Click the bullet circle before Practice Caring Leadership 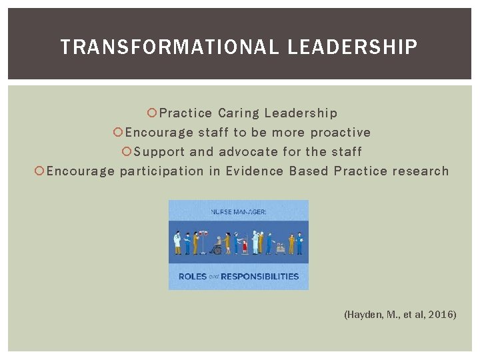pos(153,113)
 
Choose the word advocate pos(248,152)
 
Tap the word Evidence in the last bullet pos(255,171)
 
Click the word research pos(421,171)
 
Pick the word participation pos(161,171)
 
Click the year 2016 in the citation pos(441,313)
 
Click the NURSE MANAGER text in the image pos(239,211)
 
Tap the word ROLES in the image pos(193,276)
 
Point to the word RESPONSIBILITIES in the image pos(260,276)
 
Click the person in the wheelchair pos(217,247)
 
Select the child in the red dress pos(244,247)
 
